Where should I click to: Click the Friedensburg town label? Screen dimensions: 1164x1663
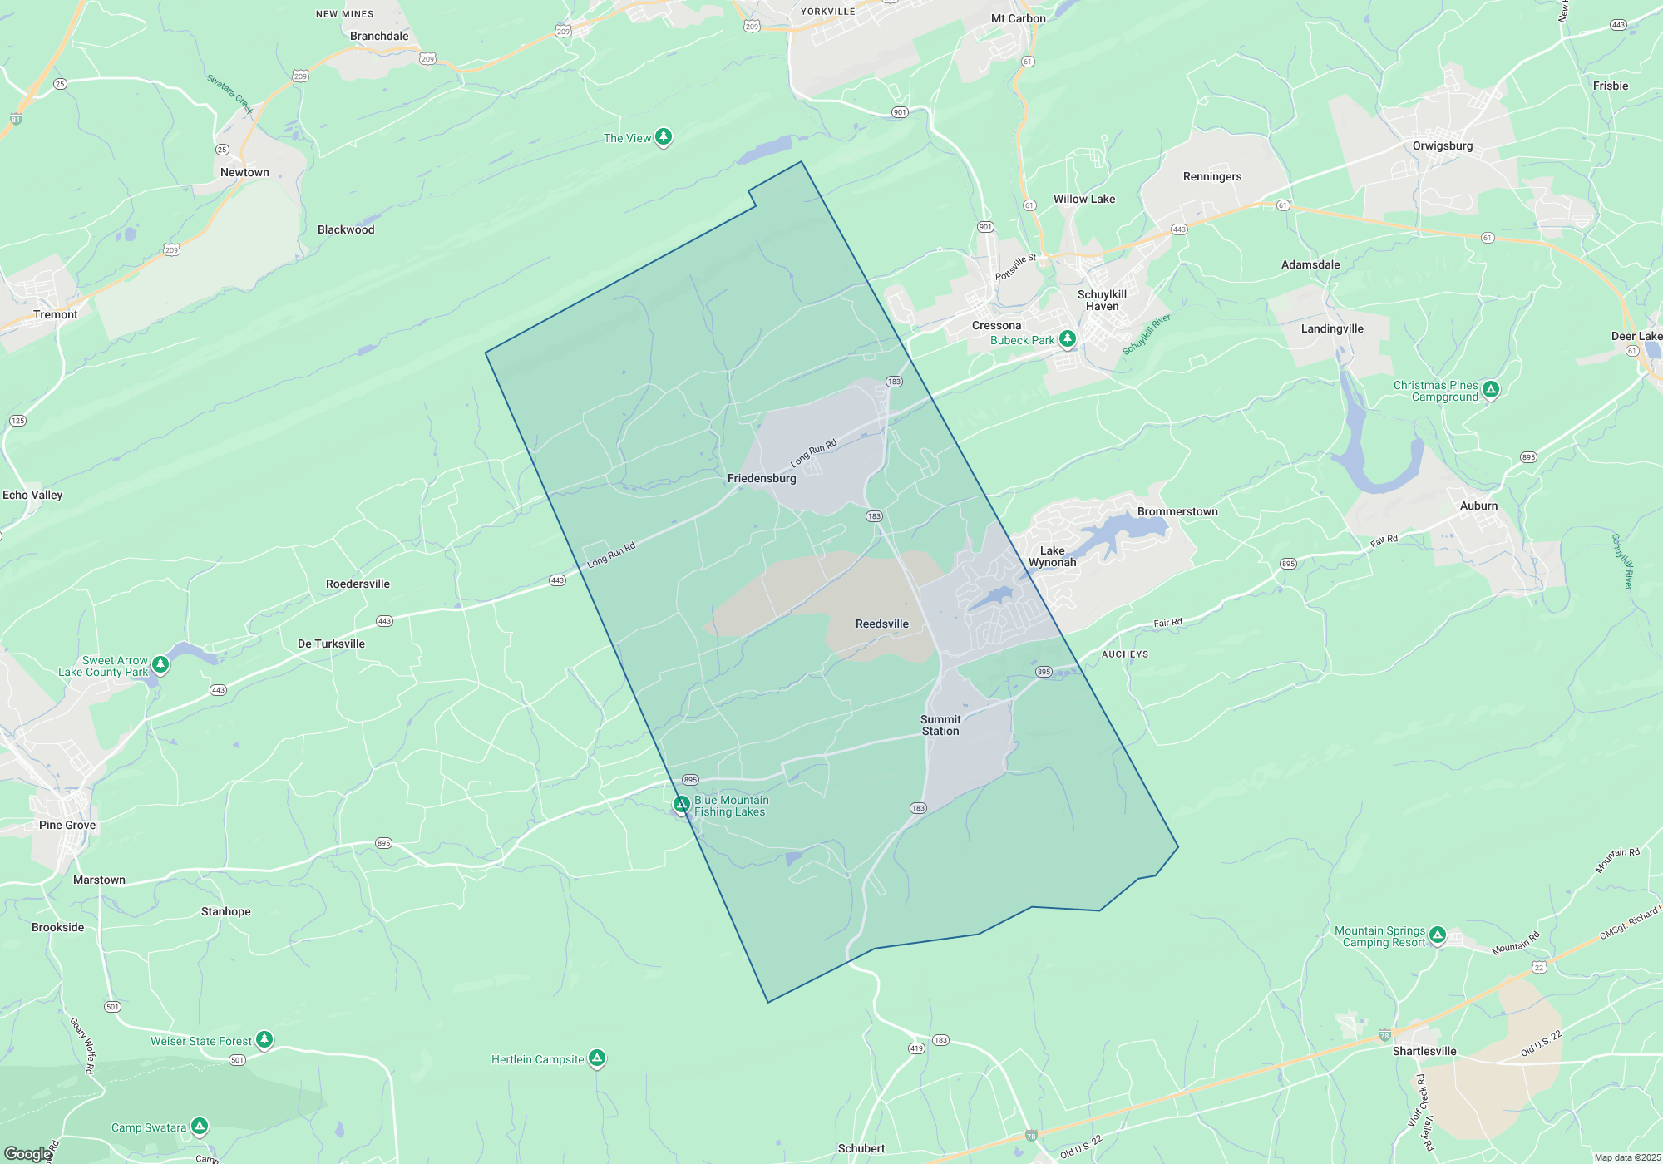click(x=762, y=478)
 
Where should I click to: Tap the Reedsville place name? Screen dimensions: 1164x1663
click(x=881, y=624)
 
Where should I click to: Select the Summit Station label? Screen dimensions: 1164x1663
click(x=940, y=725)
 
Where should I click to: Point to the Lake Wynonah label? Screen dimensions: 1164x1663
click(x=1052, y=556)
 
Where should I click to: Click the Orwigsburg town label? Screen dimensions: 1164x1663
click(x=1442, y=145)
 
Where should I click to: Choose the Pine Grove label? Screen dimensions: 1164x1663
click(x=67, y=825)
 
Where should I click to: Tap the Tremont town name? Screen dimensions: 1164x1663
click(x=56, y=314)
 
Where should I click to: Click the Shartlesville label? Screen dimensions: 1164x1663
click(x=1424, y=1051)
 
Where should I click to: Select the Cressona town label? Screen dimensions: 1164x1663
click(x=996, y=325)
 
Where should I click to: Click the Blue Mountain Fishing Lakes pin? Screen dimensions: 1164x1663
click(x=682, y=804)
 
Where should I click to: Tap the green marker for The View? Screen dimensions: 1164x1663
click(x=663, y=136)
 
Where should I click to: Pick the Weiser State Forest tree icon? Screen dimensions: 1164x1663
click(x=264, y=1039)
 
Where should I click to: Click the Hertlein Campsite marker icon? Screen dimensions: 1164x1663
click(x=596, y=1058)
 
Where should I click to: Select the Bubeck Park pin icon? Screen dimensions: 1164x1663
click(x=1068, y=338)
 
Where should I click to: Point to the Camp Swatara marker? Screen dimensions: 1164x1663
click(x=199, y=1126)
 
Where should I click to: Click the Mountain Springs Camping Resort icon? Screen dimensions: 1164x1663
click(x=1438, y=935)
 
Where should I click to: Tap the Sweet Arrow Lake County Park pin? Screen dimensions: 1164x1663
click(x=160, y=664)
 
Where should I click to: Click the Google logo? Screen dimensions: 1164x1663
click(x=27, y=1154)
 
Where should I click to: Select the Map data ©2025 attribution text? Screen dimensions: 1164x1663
click(x=1626, y=1157)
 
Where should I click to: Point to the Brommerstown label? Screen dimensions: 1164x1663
click(x=1177, y=511)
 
